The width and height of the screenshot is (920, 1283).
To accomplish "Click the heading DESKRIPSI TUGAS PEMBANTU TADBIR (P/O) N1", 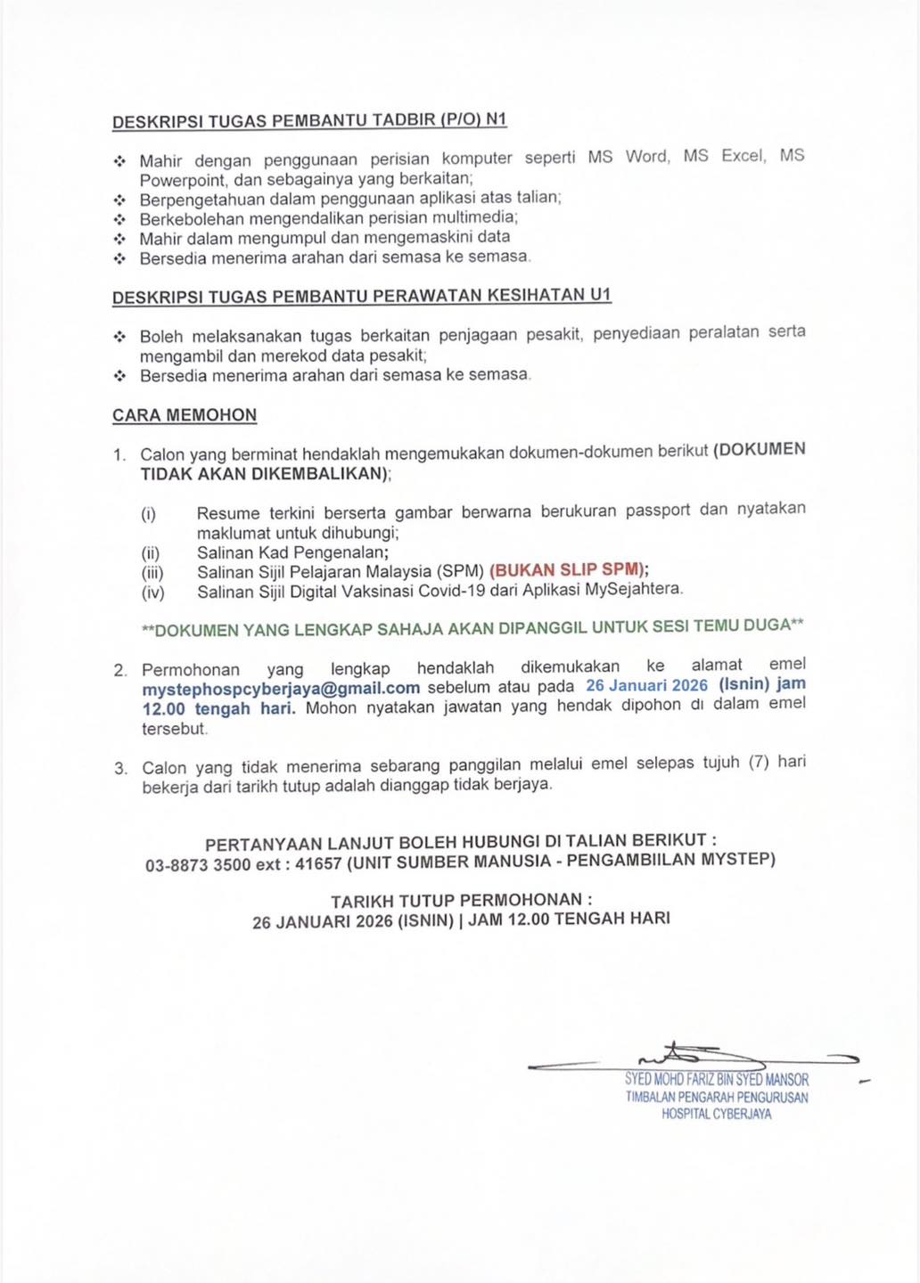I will pos(309,120).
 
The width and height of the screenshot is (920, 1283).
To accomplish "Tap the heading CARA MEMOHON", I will pos(185,415).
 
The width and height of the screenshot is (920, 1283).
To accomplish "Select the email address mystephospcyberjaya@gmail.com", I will pos(281,689).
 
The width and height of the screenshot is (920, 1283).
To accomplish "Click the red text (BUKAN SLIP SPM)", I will pos(569,570).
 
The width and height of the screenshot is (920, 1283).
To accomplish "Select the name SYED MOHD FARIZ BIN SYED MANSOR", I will pos(717,1080).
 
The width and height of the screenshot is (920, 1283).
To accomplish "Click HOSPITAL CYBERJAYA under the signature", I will pos(717,1114).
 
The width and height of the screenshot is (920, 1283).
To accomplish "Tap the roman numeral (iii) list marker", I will pos(152,572).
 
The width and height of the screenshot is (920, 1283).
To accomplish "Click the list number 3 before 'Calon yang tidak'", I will pos(119,768).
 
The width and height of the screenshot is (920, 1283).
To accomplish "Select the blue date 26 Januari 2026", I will pos(646,685).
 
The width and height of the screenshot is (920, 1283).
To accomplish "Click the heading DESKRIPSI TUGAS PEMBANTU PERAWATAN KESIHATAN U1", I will pos(361,296).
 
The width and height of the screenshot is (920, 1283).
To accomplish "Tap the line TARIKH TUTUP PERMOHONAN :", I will pos(461,900).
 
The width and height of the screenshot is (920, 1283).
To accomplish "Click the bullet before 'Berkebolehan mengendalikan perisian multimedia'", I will pos(120,218).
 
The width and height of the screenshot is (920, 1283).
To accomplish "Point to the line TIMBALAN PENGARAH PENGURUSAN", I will pos(717,1097).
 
